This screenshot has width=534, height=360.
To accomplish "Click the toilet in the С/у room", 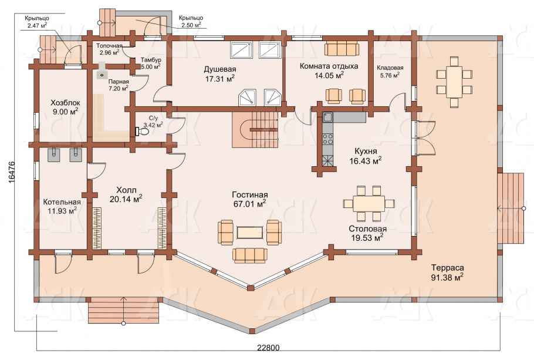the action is (x=143, y=131).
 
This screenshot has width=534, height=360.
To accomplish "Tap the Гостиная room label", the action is (x=249, y=194).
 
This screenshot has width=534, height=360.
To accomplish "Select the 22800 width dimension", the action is (x=268, y=348).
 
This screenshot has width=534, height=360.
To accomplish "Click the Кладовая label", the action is (x=390, y=68).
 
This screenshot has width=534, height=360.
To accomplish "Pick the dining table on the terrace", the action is (x=454, y=82).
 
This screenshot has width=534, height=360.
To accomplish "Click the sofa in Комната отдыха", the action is (x=342, y=49).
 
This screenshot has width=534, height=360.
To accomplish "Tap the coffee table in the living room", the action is (x=249, y=233).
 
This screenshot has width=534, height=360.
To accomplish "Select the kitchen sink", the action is (x=328, y=117).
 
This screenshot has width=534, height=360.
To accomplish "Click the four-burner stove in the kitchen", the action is (x=328, y=139).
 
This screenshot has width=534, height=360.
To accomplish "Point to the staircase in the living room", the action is (x=255, y=130).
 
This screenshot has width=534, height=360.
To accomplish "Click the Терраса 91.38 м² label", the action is (x=447, y=272).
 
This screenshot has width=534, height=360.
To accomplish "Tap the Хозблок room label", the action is (x=65, y=102).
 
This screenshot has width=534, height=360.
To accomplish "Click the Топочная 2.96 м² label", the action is (x=109, y=49).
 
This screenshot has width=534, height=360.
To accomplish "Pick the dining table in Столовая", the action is (x=369, y=204).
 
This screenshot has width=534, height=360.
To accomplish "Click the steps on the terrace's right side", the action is (x=510, y=208).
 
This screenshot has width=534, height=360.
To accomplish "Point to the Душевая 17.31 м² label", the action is (x=220, y=74).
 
